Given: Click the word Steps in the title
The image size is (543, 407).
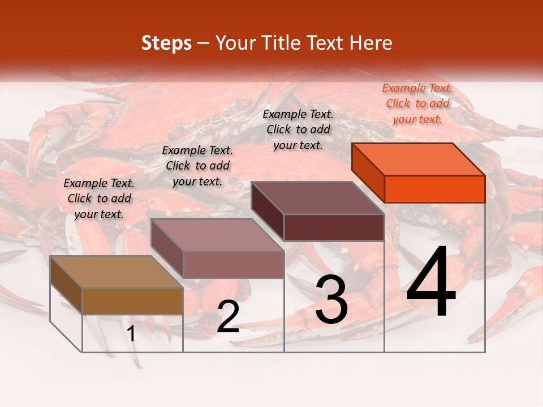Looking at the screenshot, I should click(x=166, y=43).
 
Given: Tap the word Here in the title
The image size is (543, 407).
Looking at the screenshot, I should click(x=370, y=43).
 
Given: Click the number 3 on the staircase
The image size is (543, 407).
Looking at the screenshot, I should click(x=331, y=300).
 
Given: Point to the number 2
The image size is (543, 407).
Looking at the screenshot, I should click(x=228, y=317).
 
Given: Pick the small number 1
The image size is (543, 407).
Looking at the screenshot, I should click(x=131, y=334).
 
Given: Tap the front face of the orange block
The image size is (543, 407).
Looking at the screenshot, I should click(x=434, y=189).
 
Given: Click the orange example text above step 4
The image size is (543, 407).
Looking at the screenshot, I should click(x=417, y=104).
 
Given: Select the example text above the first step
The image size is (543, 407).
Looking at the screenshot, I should click(x=99, y=198).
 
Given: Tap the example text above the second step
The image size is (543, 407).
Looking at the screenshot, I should click(x=197, y=166).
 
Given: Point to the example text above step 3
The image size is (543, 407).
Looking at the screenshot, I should click(x=298, y=129).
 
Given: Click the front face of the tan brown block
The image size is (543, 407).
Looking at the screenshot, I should click(x=132, y=301).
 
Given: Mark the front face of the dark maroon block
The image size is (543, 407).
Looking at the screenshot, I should click(x=334, y=228).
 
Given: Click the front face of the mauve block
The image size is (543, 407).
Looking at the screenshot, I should click(x=234, y=265).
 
